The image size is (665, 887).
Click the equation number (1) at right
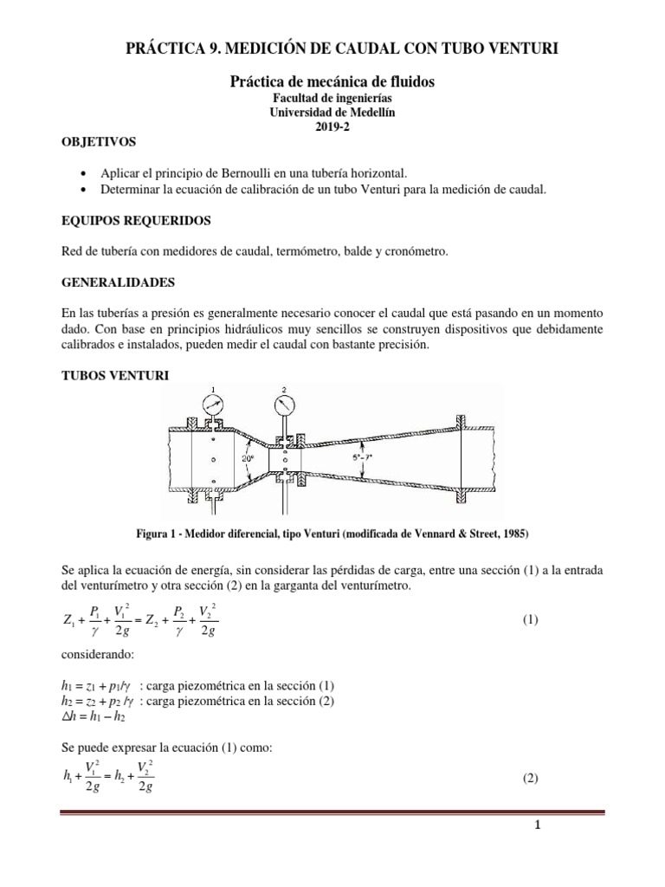(532, 621)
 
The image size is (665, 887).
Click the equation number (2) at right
(531, 779)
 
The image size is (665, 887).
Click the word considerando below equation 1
(91, 656)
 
